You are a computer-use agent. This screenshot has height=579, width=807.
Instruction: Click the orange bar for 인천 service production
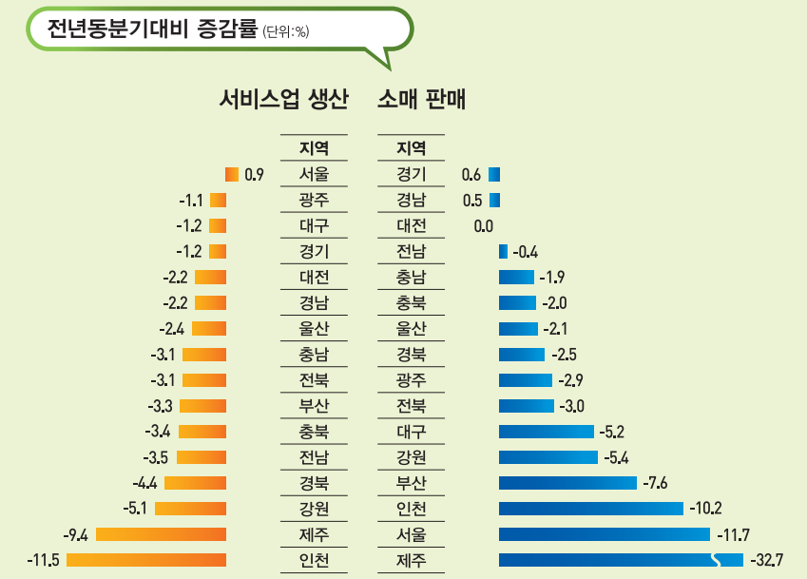click(146, 560)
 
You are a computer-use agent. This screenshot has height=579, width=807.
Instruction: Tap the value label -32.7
click(766, 560)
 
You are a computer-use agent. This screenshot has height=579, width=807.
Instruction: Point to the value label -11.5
click(44, 560)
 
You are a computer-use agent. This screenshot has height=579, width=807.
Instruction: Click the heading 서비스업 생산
click(283, 99)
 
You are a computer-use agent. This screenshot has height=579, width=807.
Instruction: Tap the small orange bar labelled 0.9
click(232, 174)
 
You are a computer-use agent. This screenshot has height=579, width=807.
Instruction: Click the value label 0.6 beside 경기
click(471, 174)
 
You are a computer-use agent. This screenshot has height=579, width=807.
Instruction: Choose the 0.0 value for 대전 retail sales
click(483, 226)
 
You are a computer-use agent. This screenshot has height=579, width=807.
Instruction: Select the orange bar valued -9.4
click(161, 534)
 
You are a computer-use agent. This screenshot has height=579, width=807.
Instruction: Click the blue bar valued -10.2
click(590, 508)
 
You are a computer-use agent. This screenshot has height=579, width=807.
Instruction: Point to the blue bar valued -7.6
click(567, 482)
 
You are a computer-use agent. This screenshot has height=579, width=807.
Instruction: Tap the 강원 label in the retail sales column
click(411, 457)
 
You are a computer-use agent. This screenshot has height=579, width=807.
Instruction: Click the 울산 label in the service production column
click(314, 329)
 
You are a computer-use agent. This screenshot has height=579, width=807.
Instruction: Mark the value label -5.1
click(136, 508)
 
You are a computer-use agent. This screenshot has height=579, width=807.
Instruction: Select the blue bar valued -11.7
click(604, 534)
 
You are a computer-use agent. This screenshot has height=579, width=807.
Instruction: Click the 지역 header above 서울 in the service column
click(314, 148)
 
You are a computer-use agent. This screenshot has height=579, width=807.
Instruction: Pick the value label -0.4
click(526, 252)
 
